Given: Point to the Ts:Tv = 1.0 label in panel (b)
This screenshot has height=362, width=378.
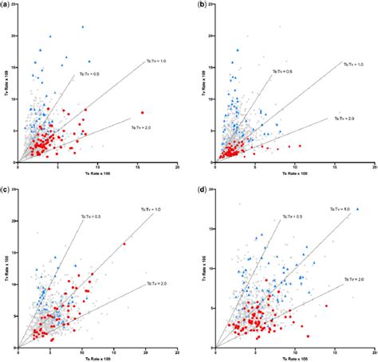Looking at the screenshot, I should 350,63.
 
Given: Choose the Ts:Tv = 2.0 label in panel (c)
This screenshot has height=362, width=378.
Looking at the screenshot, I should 155,284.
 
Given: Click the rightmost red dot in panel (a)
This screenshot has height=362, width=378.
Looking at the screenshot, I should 142,112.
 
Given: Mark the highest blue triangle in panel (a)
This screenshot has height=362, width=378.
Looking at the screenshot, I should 82,27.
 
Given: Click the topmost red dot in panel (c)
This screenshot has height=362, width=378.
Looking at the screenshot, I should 124,244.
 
